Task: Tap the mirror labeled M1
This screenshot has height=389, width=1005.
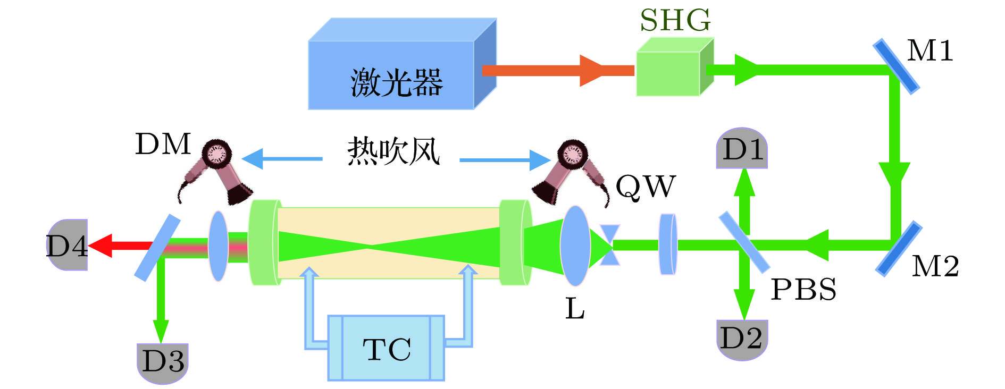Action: [897, 66]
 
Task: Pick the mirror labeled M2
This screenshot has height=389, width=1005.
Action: [899, 249]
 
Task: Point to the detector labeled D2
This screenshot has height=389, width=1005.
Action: [742, 339]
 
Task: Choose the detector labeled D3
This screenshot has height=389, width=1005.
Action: [163, 362]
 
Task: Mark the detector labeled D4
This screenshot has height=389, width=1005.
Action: [68, 245]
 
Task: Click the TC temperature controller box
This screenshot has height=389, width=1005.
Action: [386, 349]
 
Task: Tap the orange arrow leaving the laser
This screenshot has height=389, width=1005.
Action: [558, 70]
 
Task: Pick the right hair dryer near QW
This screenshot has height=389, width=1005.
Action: [572, 170]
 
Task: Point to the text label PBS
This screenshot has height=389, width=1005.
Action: [803, 290]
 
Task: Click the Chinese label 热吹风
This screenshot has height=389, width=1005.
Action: [393, 152]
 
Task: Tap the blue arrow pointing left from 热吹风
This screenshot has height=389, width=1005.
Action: [282, 158]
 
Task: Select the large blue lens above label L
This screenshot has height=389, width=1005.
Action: [575, 246]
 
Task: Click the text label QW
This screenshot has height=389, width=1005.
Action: [645, 187]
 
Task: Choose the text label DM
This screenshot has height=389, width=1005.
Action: [163, 145]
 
